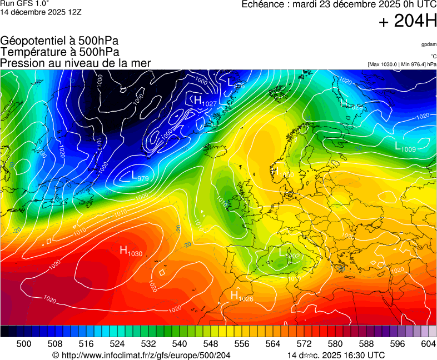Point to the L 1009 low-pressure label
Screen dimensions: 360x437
point(405,147)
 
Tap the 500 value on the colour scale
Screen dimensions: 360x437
point(24,344)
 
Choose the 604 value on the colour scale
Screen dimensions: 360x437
point(429,344)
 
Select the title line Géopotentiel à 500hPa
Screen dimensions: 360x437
point(59,41)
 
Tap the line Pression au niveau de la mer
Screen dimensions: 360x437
point(76,63)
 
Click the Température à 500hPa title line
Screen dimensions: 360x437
point(59,52)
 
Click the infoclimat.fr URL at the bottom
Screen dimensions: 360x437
point(141,355)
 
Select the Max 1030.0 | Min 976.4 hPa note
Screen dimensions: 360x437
point(402,64)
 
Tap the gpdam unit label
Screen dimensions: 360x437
point(429,44)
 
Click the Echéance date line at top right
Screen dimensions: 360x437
point(339,4)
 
